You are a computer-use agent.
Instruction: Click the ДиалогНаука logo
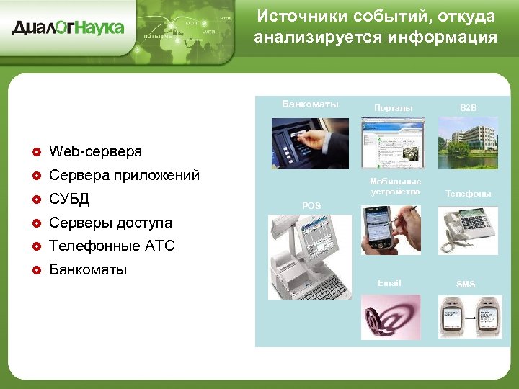point(68,28)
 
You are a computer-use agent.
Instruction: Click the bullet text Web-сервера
point(95,151)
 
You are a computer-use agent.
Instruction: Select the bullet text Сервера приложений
point(124,175)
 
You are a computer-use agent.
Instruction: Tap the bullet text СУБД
point(69,199)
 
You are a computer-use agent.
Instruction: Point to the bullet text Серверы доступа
point(110,223)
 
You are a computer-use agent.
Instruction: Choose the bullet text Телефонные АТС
point(112,246)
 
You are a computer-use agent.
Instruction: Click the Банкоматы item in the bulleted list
point(88,270)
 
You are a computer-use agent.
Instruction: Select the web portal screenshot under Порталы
point(393,143)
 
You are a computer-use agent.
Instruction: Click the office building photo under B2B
point(468,143)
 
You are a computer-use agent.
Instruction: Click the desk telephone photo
point(468,230)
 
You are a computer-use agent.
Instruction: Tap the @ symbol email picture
point(391,317)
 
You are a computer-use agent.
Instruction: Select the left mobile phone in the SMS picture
point(451,317)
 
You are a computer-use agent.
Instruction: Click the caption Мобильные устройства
point(395,187)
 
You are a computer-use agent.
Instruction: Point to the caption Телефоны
point(468,194)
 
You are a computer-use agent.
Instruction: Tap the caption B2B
point(469,107)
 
